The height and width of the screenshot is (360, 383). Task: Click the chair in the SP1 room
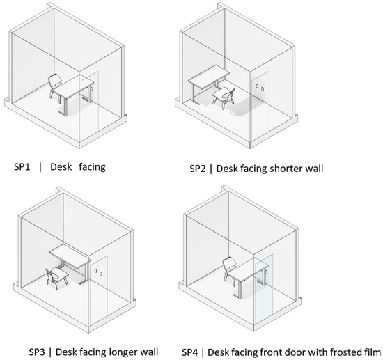55,87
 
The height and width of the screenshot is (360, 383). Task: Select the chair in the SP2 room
224,97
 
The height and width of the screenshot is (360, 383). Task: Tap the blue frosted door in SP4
263,288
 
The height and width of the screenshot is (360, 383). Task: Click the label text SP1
22,167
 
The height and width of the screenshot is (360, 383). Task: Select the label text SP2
198,169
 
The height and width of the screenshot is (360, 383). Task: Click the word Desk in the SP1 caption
61,167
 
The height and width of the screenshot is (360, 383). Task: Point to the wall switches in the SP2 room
260,87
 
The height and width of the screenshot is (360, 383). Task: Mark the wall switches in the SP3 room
98,272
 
